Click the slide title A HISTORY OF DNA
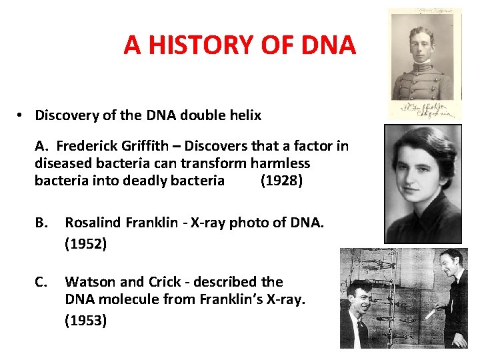pyautogui.click(x=239, y=45)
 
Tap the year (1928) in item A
pyautogui.click(x=281, y=181)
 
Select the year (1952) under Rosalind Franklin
pyautogui.click(x=85, y=244)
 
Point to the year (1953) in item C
pyautogui.click(x=85, y=320)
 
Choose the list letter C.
pyautogui.click(x=41, y=282)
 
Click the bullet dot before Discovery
pyautogui.click(x=21, y=115)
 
